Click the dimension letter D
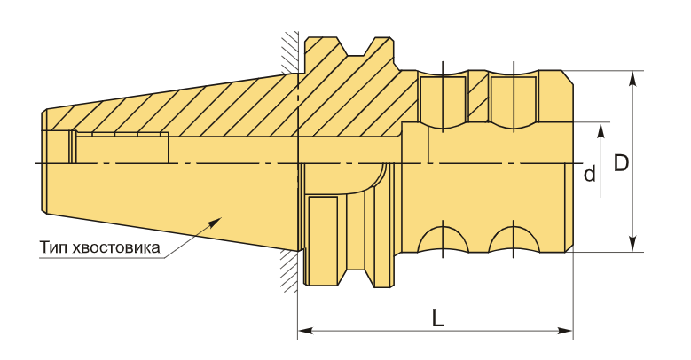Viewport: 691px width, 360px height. click(x=621, y=164)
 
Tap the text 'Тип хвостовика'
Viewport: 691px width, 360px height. click(x=99, y=247)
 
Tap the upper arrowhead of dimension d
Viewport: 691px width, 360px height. click(x=601, y=129)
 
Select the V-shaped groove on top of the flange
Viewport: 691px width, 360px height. click(x=365, y=46)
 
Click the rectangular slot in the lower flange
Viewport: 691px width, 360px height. click(x=322, y=240)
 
